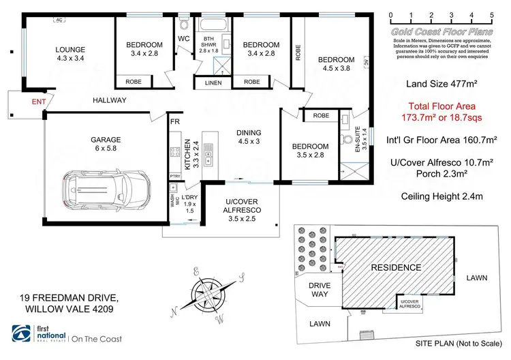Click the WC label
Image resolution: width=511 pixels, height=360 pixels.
point(184,38)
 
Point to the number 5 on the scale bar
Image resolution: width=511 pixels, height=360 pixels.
point(492,14)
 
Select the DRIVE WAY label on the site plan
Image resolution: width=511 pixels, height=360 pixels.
point(320,290)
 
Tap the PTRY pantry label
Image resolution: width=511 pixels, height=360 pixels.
point(175,175)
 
